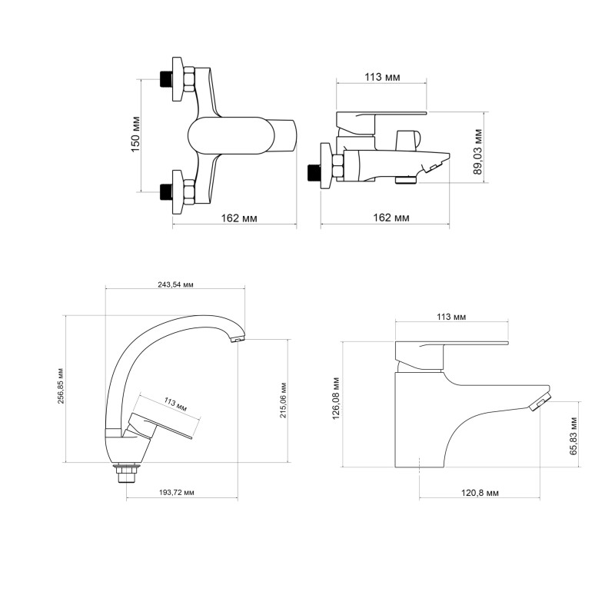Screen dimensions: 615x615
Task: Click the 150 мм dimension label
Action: (x=135, y=135)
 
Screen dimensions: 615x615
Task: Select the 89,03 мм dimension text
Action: (x=478, y=151)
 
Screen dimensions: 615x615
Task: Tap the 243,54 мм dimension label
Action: (x=175, y=284)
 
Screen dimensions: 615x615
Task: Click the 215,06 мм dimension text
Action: (x=284, y=401)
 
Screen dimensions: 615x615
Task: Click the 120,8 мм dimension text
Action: (x=483, y=492)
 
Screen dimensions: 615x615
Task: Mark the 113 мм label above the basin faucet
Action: (x=451, y=317)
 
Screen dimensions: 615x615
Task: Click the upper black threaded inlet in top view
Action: (x=164, y=79)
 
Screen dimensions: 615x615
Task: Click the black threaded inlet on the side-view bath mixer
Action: (x=312, y=172)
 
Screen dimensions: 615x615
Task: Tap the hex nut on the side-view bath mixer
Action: (x=336, y=169)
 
